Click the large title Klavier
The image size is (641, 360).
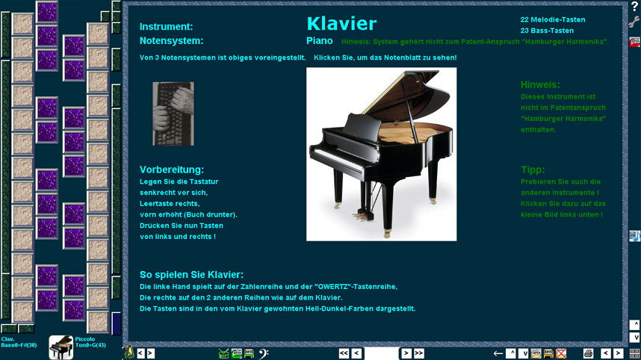[341, 24]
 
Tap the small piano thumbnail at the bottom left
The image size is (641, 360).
[61, 347]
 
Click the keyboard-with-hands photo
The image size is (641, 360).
[173, 114]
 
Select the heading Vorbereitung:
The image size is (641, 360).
[172, 170]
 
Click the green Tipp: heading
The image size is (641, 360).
[533, 170]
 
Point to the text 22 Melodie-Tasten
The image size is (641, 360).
[553, 19]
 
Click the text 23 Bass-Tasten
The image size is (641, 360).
[547, 31]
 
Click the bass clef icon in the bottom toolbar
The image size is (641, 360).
[264, 353]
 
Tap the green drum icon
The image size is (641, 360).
[223, 353]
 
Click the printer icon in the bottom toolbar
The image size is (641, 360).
[588, 353]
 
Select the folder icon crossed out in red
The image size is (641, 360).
[561, 353]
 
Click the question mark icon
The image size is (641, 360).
[634, 6]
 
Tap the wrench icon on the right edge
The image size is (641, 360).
[634, 22]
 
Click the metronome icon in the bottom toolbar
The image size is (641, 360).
[129, 353]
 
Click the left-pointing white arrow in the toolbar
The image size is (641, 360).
[498, 354]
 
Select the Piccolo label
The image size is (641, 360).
[85, 339]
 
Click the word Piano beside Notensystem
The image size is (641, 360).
[319, 41]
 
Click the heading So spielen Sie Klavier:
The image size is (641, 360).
[191, 275]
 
